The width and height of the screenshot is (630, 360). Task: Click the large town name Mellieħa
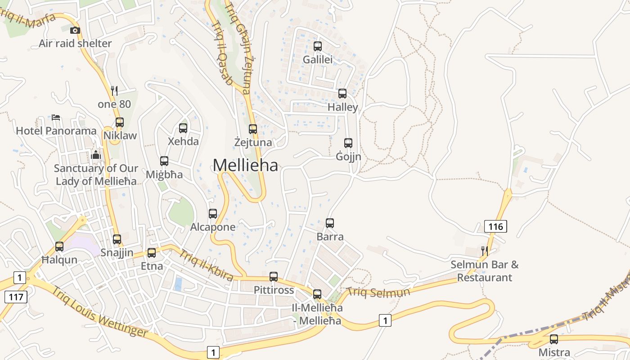[x=245, y=165]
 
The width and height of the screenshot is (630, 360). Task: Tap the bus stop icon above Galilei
[x=318, y=46]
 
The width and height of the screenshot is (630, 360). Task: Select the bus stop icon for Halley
[x=342, y=94]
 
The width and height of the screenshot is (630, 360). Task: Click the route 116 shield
[x=495, y=226]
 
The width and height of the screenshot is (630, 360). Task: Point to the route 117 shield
[x=16, y=297]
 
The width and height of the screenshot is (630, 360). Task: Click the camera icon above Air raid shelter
[x=75, y=31]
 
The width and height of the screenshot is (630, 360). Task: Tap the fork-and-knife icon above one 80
[x=114, y=91]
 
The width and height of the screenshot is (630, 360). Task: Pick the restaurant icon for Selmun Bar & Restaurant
[x=484, y=251]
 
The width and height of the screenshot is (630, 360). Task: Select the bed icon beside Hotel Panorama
[x=56, y=117]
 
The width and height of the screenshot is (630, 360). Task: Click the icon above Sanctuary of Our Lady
[x=96, y=155]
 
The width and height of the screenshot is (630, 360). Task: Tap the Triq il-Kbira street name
[x=206, y=265]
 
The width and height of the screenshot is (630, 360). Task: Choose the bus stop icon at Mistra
[x=554, y=339]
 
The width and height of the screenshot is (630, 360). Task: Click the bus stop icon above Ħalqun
[x=59, y=247]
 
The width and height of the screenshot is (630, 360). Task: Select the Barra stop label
[x=330, y=237]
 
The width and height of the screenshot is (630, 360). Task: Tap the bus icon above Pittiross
[x=274, y=277]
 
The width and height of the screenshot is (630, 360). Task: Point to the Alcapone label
[x=213, y=227]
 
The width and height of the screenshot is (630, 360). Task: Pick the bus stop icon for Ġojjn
[x=348, y=143]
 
